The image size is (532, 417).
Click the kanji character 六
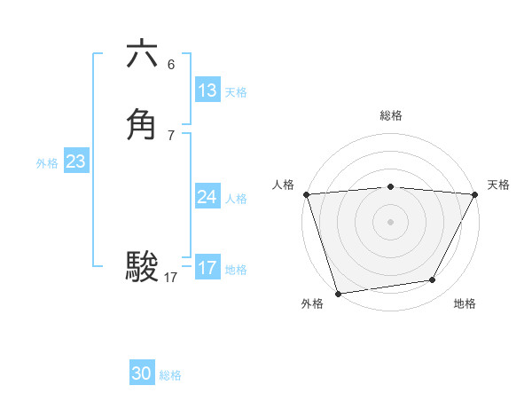(x=142, y=55)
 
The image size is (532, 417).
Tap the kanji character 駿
(x=142, y=266)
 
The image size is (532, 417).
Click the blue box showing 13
(x=207, y=90)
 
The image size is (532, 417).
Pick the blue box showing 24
(x=207, y=197)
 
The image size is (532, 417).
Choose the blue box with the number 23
(x=76, y=161)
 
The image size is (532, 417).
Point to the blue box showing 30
(x=142, y=374)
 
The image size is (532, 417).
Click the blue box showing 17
(x=207, y=267)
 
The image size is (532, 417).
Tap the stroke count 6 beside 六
(x=171, y=64)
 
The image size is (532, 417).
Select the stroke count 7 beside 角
(x=171, y=135)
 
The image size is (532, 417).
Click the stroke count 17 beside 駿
(x=171, y=278)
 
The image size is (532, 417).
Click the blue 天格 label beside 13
(x=236, y=92)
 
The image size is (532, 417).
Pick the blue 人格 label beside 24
(x=236, y=199)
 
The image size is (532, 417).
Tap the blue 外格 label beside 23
(x=47, y=163)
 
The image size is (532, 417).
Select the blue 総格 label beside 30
(x=170, y=375)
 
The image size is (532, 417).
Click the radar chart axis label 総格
(x=390, y=116)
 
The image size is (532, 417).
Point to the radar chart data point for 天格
(x=474, y=193)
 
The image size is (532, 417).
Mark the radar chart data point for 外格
(x=338, y=292)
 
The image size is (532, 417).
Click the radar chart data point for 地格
(x=433, y=280)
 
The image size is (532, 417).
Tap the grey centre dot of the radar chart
(x=390, y=221)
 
